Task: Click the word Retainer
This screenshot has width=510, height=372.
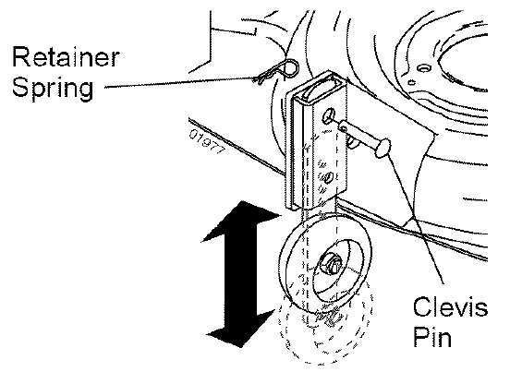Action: (66, 57)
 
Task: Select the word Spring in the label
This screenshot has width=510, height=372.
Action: (53, 88)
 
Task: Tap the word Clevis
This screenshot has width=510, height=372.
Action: (451, 306)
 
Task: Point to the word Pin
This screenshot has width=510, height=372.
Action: (432, 336)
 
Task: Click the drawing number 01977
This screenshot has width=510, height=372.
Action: (207, 142)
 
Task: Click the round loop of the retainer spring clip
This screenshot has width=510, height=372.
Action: (290, 67)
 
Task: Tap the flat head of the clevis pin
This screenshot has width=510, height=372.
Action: (382, 148)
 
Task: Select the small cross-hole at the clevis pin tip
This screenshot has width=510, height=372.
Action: (343, 129)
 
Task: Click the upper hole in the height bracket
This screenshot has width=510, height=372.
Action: (328, 115)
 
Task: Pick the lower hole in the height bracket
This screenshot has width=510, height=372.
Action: (329, 177)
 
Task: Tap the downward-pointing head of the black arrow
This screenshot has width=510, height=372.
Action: (241, 328)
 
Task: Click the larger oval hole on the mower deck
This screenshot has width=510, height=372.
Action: (424, 68)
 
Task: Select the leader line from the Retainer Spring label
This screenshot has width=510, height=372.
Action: (180, 82)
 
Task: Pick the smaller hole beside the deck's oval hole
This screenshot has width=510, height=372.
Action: (411, 82)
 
